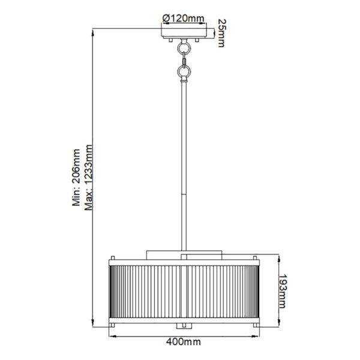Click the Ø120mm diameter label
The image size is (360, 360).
[184, 17]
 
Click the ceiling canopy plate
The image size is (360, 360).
[184, 34]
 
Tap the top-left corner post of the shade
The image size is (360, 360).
[111, 260]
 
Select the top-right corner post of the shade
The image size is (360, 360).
[256, 260]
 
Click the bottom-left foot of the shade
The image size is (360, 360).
[111, 325]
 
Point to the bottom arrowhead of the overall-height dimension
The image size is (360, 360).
[93, 325]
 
